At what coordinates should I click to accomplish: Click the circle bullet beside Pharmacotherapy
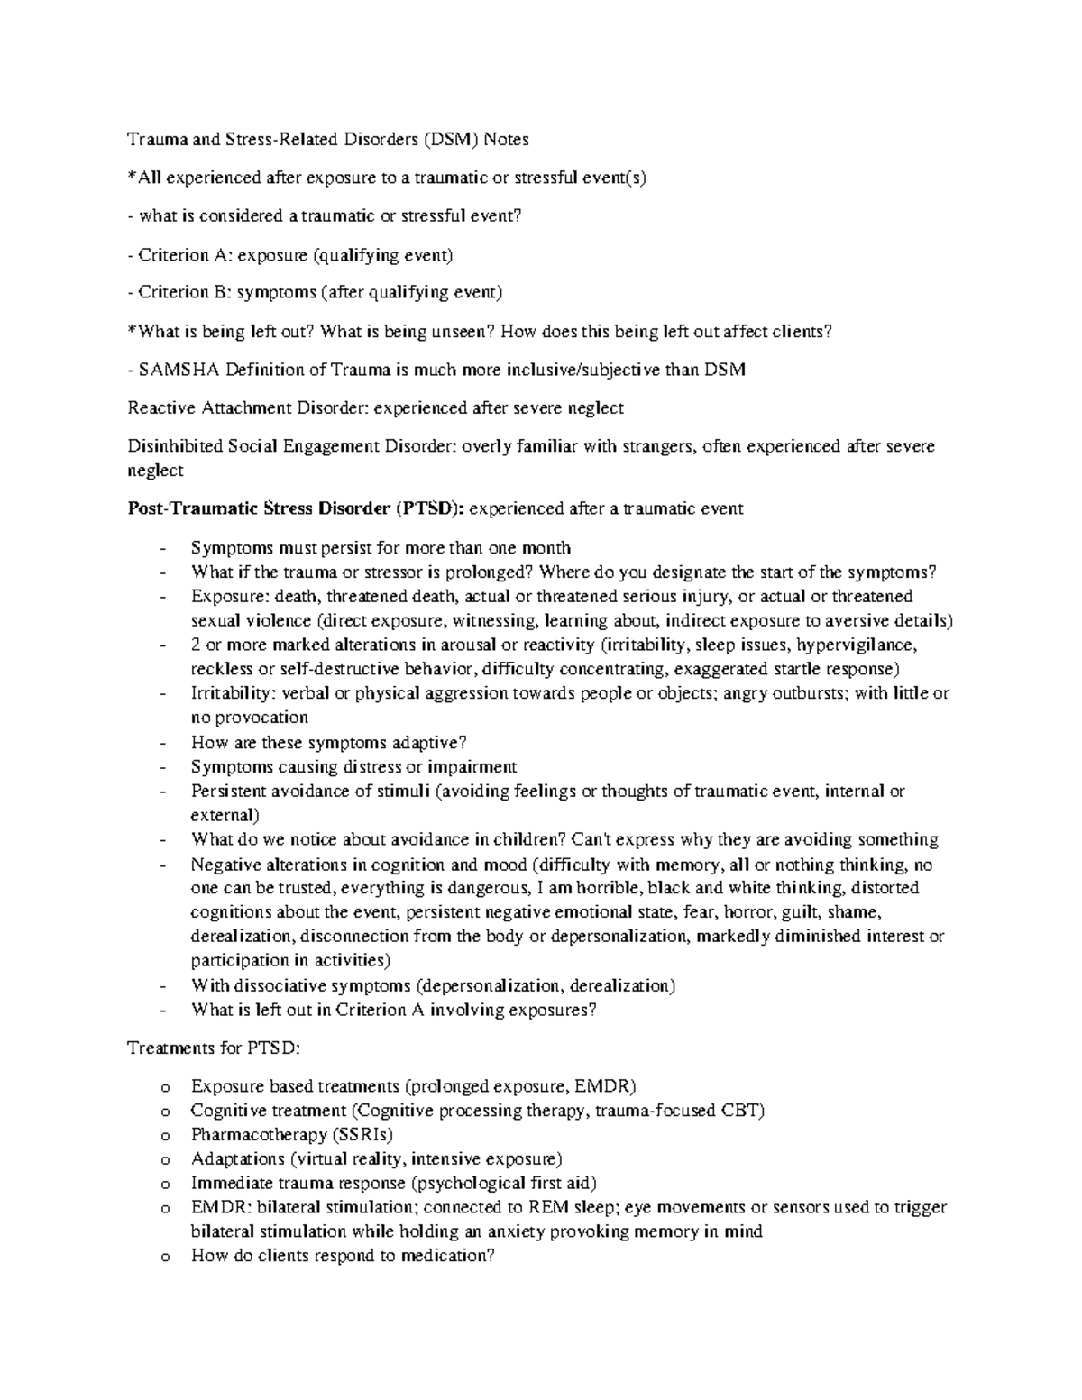point(163,1136)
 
